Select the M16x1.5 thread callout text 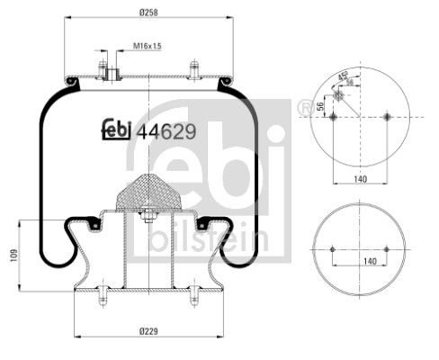147,46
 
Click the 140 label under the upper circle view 359,179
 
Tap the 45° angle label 343,75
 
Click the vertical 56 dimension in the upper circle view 321,105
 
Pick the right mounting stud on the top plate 193,70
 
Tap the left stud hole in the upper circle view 332,118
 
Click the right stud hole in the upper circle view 387,118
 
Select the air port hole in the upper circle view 338,96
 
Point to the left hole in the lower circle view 332,249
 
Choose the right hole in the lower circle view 387,249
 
